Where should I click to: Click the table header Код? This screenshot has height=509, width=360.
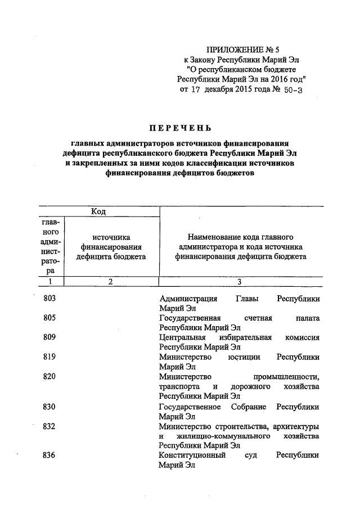98,211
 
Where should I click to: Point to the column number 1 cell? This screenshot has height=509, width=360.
49,282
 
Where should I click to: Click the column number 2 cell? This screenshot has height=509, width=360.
111,282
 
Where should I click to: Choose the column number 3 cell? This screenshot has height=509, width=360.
240,282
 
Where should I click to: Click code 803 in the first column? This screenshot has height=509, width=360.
49,299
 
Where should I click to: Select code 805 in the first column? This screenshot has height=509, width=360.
49,318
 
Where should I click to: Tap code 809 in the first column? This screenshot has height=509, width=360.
49,337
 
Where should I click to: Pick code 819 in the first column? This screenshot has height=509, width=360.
49,357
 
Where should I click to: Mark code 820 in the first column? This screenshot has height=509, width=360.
49,376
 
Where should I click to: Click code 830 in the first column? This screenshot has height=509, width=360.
49,407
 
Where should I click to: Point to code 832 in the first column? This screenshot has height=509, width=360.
49,426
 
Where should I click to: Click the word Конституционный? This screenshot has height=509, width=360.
192,455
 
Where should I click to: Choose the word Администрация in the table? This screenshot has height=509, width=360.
187,299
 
